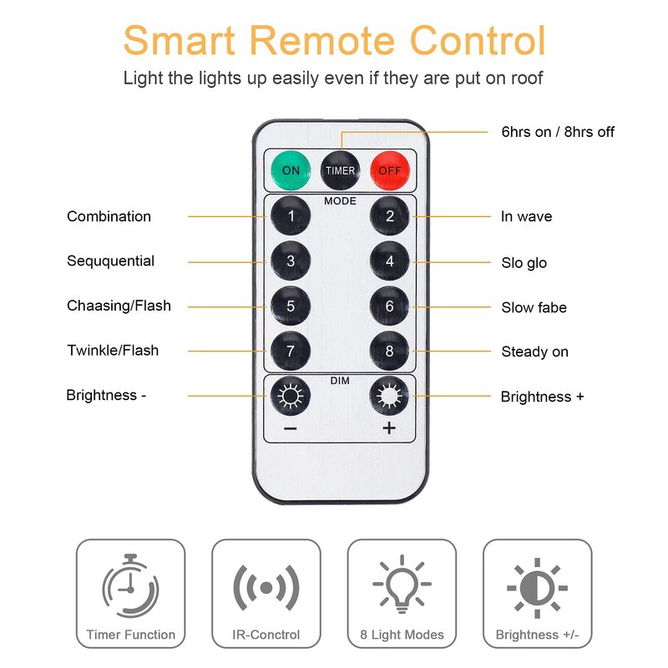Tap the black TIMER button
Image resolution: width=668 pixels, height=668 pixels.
click(x=340, y=170)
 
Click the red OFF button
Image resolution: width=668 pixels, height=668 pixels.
click(x=390, y=170)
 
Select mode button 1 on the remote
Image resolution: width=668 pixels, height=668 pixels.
click(x=291, y=215)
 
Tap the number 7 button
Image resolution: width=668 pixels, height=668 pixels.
click(x=291, y=351)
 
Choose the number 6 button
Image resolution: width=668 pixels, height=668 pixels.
click(x=389, y=306)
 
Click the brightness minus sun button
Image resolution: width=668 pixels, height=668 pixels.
click(x=291, y=396)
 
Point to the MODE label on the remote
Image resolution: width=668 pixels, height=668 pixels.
click(x=340, y=201)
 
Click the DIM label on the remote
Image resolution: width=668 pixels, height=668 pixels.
click(x=340, y=381)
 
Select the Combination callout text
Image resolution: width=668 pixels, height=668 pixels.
click(x=109, y=216)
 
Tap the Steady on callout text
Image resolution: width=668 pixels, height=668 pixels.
click(x=535, y=352)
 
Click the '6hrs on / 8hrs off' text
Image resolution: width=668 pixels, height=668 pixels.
click(x=558, y=132)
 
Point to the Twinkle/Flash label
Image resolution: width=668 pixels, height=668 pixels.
click(x=113, y=350)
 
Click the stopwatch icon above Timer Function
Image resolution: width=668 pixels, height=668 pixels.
click(x=130, y=586)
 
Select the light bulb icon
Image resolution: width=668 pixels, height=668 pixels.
click(x=402, y=584)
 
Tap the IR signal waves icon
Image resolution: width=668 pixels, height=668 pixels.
click(x=266, y=588)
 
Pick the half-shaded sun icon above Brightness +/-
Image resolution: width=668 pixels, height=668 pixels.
click(x=537, y=588)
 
